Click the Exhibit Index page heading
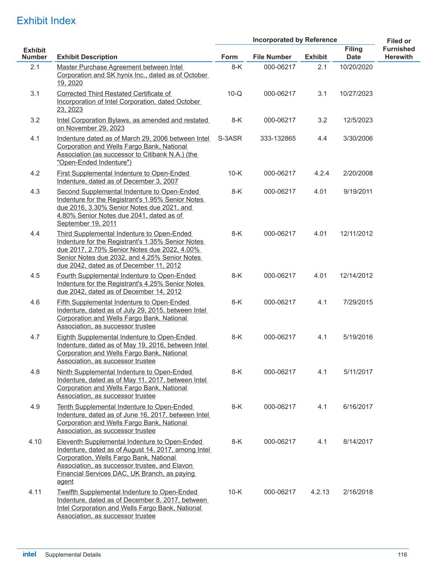click(46, 21)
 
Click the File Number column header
click(272, 57)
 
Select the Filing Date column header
click(354, 53)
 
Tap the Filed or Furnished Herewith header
click(398, 49)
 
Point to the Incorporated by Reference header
click(294, 40)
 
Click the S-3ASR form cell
click(230, 138)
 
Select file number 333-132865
click(278, 138)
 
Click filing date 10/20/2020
click(356, 67)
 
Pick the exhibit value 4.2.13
click(320, 492)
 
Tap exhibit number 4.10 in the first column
click(35, 441)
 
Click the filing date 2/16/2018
click(358, 492)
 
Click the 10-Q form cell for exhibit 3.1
click(235, 94)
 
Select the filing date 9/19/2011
click(358, 192)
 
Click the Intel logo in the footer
click(29, 554)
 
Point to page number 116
click(402, 555)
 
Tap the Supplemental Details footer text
click(73, 555)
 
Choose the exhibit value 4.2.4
click(321, 173)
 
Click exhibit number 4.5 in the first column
click(35, 276)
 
